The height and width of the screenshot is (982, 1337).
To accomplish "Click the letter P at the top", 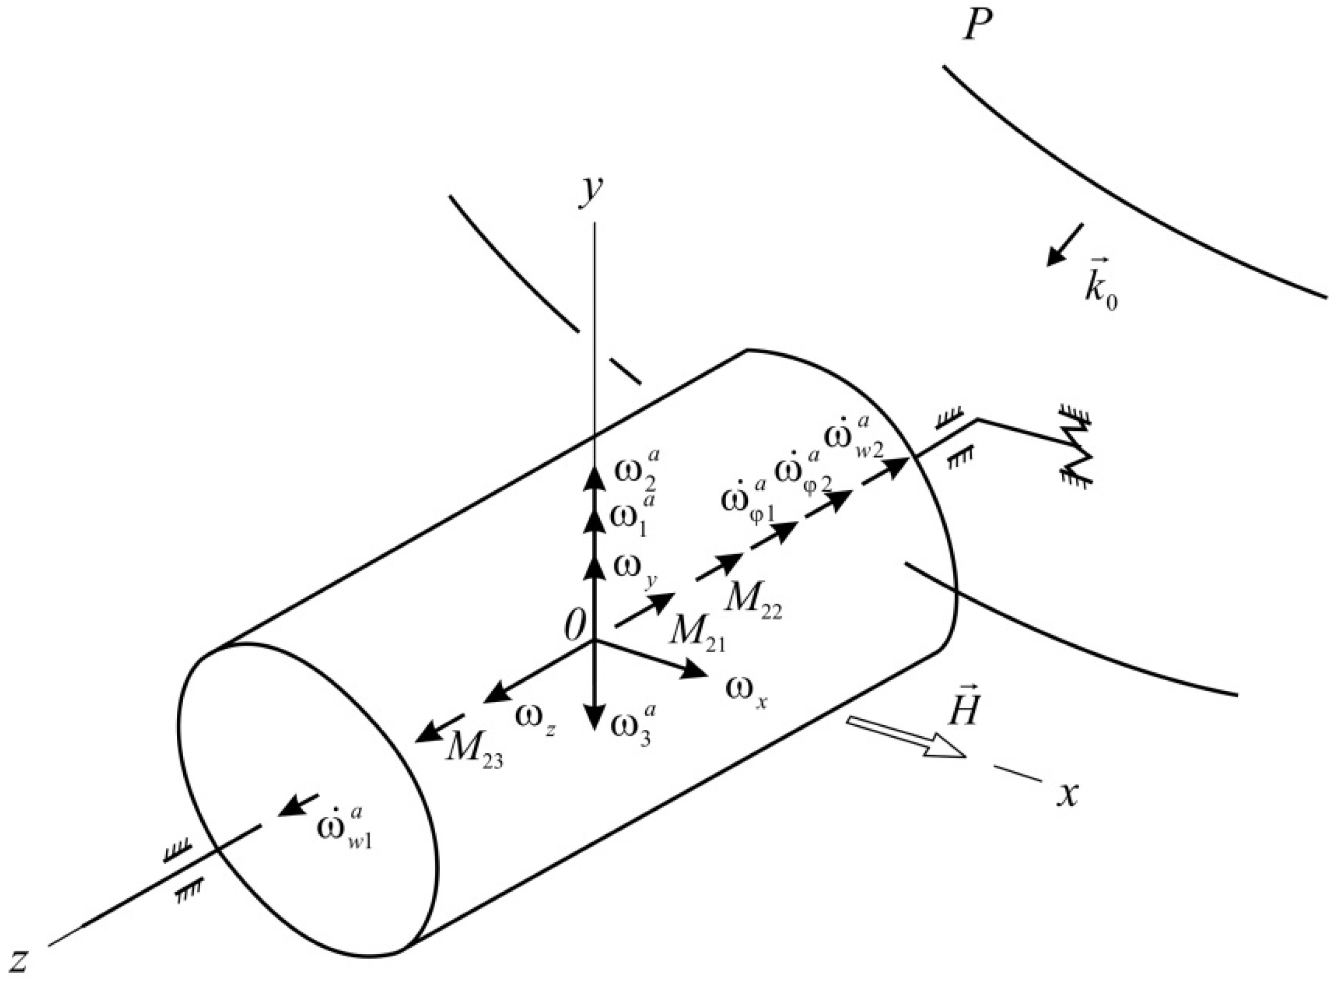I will point(978,27).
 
